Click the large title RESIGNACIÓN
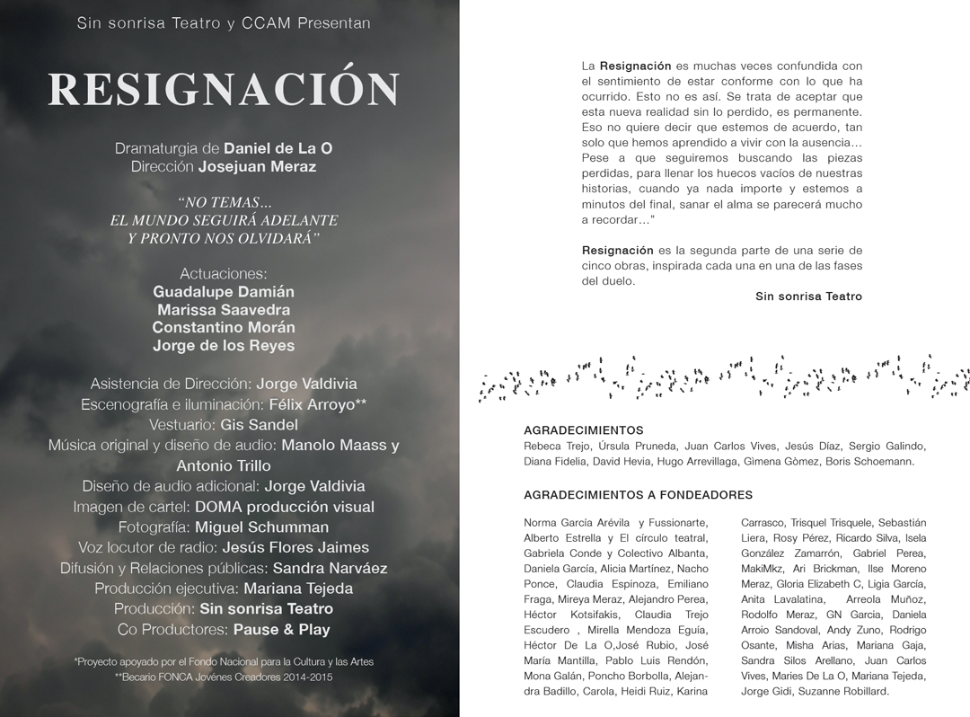(224, 89)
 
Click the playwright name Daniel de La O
(278, 148)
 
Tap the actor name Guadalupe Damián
(224, 292)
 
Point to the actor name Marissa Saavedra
(224, 310)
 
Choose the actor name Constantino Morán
(224, 328)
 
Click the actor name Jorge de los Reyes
(224, 346)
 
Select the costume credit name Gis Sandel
(260, 424)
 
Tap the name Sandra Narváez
(330, 569)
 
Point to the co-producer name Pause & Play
(281, 630)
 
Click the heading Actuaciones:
(224, 273)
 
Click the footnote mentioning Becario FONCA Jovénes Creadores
(224, 677)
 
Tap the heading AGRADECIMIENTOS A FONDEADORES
(638, 495)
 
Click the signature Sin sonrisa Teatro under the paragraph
(808, 297)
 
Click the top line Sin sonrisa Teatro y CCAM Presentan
(224, 23)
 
